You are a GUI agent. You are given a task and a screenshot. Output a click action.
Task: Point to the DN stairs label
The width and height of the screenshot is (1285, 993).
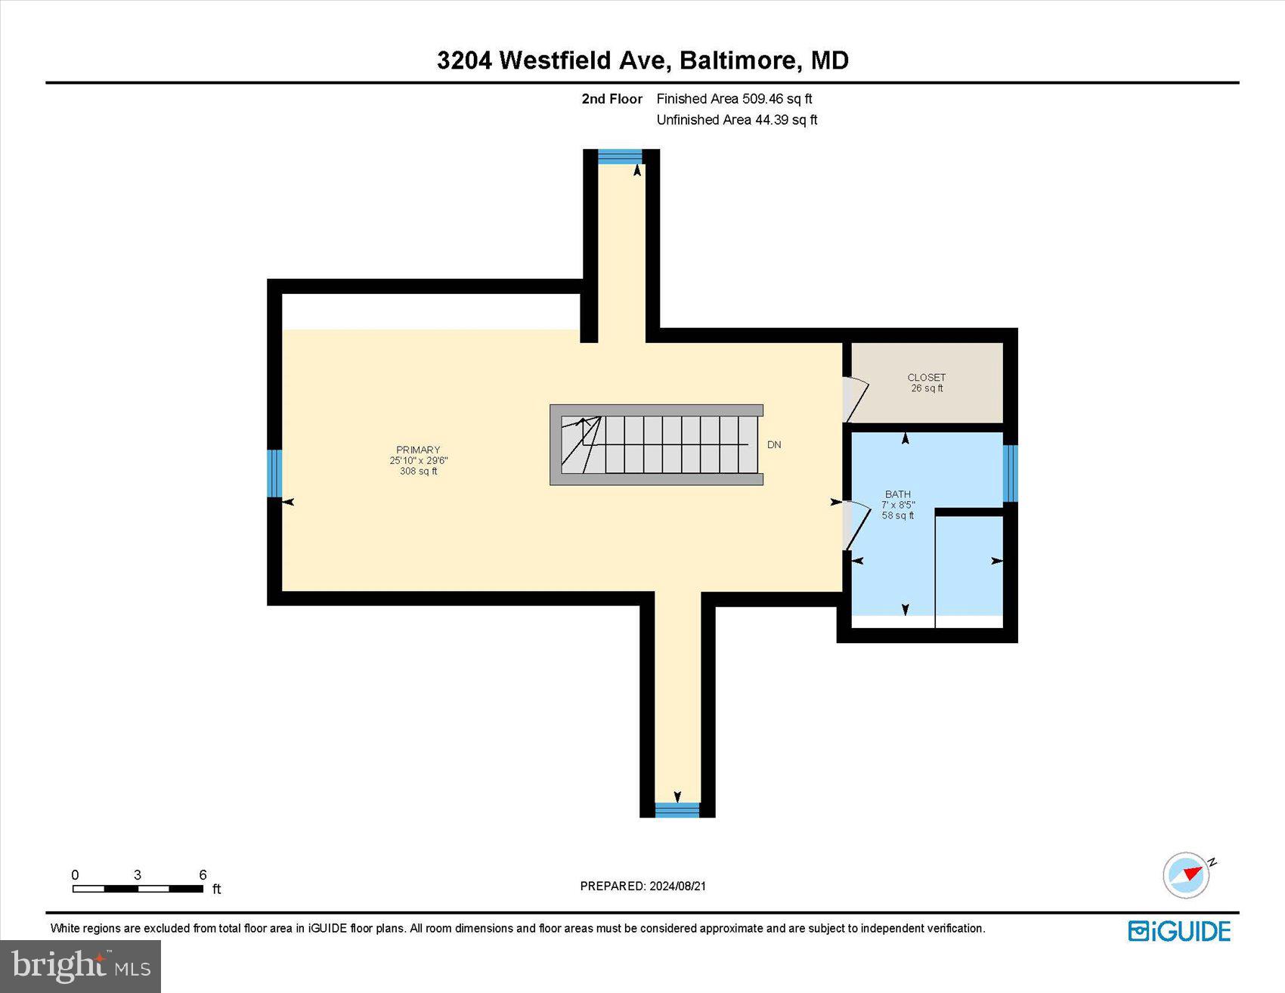[774, 445]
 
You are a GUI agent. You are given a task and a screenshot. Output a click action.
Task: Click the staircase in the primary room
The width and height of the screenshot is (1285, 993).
[656, 444]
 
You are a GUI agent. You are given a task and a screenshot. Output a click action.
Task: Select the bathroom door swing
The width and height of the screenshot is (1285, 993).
[856, 524]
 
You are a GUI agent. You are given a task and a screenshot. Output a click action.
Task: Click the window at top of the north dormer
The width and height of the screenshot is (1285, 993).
[620, 156]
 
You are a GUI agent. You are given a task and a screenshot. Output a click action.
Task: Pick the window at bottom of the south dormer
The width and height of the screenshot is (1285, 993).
[677, 810]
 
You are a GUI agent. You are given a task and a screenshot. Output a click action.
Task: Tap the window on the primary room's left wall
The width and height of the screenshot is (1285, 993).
[275, 473]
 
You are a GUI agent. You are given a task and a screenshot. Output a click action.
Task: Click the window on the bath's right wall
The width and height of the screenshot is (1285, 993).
[1010, 473]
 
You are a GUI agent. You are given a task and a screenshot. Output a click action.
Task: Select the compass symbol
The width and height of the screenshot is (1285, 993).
[1187, 874]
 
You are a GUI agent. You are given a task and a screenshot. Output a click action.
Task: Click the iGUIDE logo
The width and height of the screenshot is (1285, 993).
[1179, 931]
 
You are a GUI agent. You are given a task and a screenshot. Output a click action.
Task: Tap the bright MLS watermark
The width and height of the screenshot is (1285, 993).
[80, 966]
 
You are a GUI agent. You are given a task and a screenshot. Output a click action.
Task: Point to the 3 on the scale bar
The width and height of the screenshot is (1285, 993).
[138, 875]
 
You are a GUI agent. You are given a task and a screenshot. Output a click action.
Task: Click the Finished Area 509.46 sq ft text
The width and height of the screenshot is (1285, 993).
[734, 99]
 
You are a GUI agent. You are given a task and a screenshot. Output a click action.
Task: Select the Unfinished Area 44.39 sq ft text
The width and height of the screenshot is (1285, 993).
[737, 120]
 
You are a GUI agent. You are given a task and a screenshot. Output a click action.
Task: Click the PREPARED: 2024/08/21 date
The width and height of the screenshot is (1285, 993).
[642, 886]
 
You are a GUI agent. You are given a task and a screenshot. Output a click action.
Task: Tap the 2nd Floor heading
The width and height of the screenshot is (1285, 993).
[612, 99]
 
